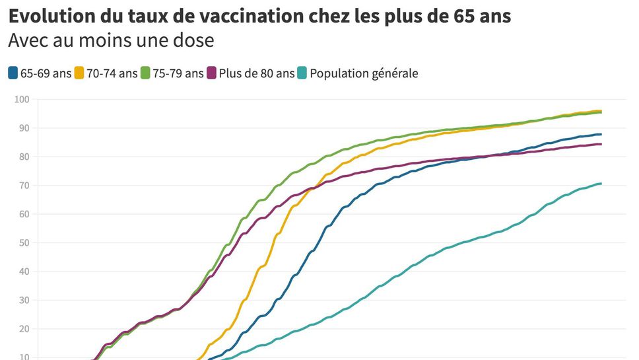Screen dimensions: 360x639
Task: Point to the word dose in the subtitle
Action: pos(195,40)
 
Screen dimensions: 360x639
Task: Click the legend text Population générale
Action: pos(364,74)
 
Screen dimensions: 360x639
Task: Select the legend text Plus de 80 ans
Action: pos(257,74)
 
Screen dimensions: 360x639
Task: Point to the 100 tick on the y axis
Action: pos(23,100)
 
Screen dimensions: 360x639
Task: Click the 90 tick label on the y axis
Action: pos(25,128)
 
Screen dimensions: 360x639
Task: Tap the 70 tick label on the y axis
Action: pos(25,186)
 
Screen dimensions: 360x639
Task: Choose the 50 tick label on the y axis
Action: pos(25,243)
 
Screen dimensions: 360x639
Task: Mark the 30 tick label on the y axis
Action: pos(25,301)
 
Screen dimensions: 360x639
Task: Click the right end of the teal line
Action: pos(601,184)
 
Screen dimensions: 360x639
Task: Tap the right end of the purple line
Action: pos(601,144)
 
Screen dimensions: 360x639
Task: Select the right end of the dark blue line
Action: pos(601,134)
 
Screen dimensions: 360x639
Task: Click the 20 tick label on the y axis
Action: pos(25,329)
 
